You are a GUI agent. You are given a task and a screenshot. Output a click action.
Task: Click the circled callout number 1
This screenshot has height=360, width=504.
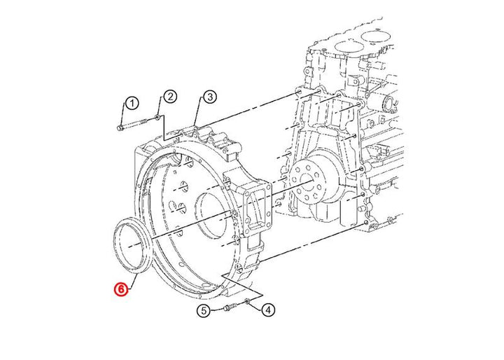pyautogui.click(x=132, y=104)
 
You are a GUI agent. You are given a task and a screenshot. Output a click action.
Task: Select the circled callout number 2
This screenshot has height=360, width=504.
pyautogui.click(x=170, y=96)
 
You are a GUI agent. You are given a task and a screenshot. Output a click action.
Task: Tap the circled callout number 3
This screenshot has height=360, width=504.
pyautogui.click(x=210, y=97)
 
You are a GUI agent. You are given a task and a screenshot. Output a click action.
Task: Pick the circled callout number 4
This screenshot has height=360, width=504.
pyautogui.click(x=268, y=310)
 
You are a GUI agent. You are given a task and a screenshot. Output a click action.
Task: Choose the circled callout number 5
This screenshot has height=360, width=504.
pyautogui.click(x=204, y=311)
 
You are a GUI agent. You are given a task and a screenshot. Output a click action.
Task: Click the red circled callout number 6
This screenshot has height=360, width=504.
pyautogui.click(x=121, y=289)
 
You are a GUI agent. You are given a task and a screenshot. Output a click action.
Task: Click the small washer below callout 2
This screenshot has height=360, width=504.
pyautogui.click(x=157, y=117)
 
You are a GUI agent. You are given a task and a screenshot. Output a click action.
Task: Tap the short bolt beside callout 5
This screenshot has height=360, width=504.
pyautogui.click(x=230, y=307)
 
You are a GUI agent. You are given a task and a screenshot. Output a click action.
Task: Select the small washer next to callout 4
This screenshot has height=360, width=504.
pyautogui.click(x=247, y=302)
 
